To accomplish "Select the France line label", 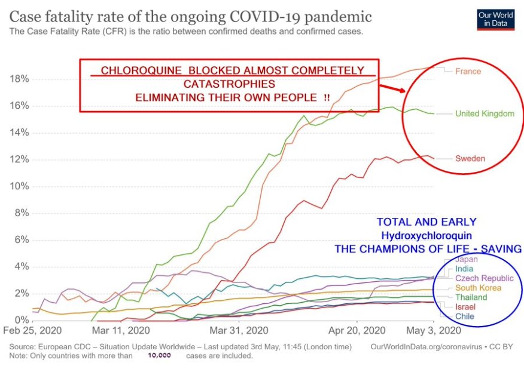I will (x=468, y=71).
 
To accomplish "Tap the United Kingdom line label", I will (x=485, y=113).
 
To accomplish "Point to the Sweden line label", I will (x=470, y=159).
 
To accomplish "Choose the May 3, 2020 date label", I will (x=434, y=330).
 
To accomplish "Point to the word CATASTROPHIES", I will (x=230, y=84).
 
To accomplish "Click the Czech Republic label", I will (x=484, y=278).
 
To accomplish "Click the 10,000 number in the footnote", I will (x=160, y=356).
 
